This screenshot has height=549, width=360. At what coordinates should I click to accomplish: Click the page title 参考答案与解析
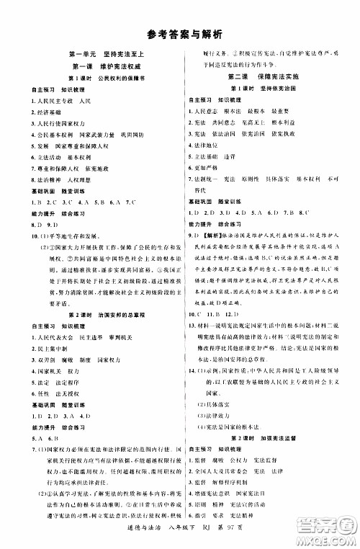click(180, 33)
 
